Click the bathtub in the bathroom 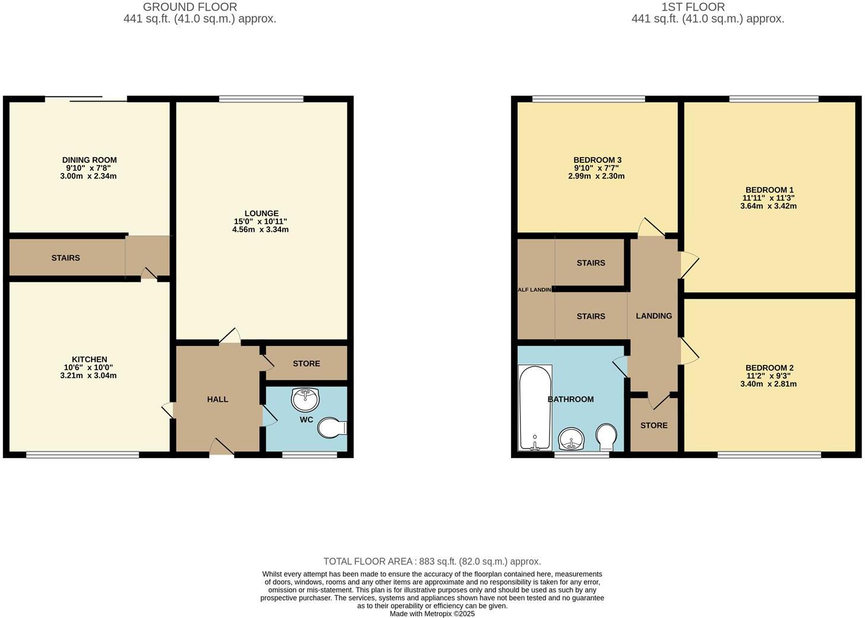pyautogui.click(x=535, y=408)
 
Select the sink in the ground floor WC pyautogui.click(x=305, y=399)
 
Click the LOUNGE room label pyautogui.click(x=261, y=213)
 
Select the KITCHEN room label pyautogui.click(x=89, y=360)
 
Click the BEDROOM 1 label pyautogui.click(x=769, y=190)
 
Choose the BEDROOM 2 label pyautogui.click(x=769, y=368)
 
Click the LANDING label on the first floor pyautogui.click(x=654, y=316)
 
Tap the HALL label pyautogui.click(x=217, y=399)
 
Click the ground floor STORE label pyautogui.click(x=306, y=364)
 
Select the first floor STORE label pyautogui.click(x=654, y=425)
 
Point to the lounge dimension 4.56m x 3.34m pyautogui.click(x=260, y=229)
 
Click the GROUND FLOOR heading pyautogui.click(x=190, y=7)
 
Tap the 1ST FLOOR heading pyautogui.click(x=693, y=7)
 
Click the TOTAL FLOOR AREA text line pyautogui.click(x=432, y=562)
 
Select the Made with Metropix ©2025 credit pyautogui.click(x=432, y=614)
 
